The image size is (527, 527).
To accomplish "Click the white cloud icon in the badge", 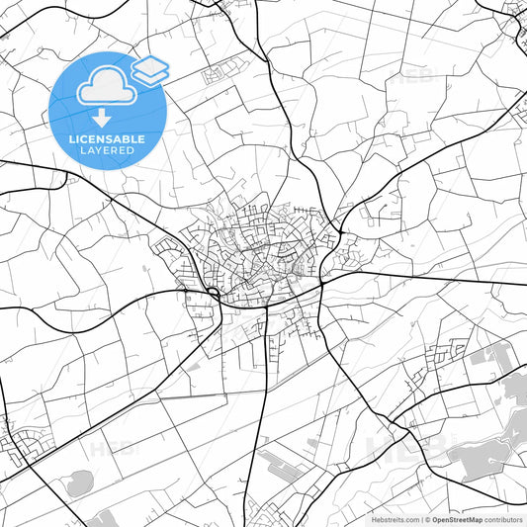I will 103,88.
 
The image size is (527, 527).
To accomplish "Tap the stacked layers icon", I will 149,69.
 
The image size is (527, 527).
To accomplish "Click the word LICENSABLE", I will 108,139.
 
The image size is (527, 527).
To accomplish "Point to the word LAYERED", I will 108,151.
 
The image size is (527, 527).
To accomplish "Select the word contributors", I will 503,518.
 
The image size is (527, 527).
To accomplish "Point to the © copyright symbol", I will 424,518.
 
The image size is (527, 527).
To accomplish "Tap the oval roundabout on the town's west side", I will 213,294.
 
